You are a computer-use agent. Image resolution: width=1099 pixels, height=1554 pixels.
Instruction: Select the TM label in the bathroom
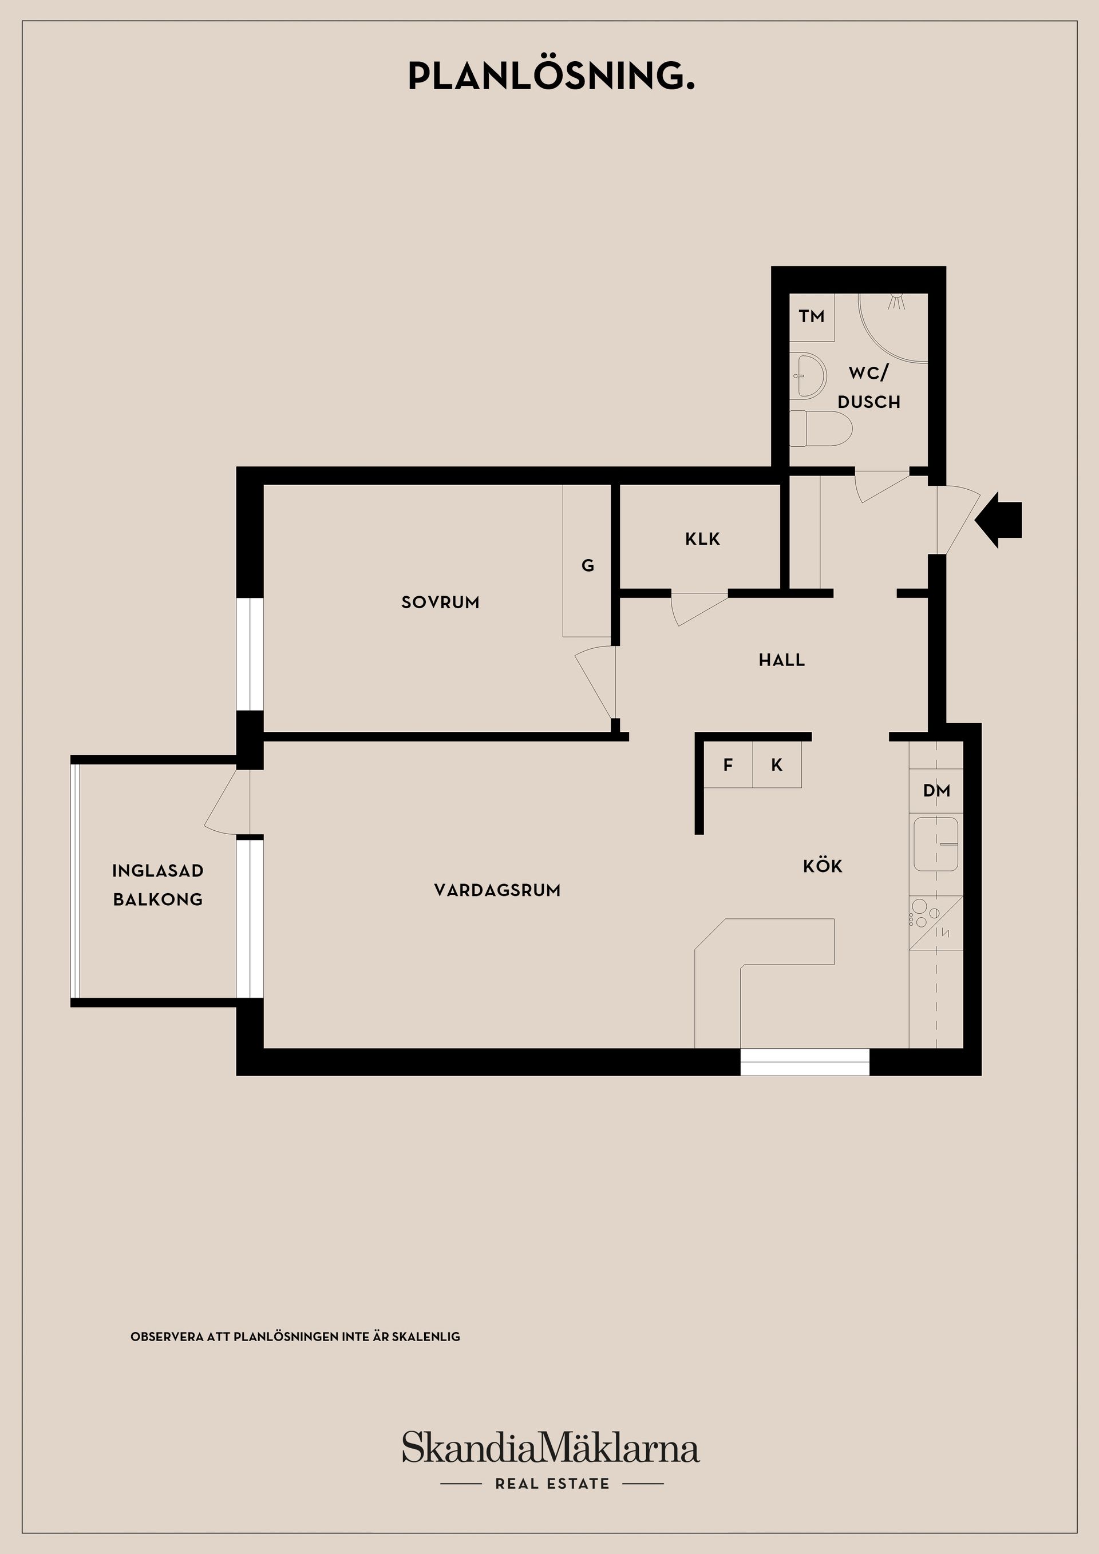pos(811,316)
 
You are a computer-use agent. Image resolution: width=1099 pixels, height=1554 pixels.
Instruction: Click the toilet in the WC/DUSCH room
pos(821,428)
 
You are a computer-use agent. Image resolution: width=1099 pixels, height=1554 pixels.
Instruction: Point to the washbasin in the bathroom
pos(808,376)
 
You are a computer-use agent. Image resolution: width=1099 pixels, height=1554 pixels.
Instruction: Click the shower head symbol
pos(898,302)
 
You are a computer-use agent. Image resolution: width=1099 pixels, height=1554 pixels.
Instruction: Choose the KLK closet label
pos(702,539)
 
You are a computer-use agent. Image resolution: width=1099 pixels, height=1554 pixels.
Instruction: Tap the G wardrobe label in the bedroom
pos(588,565)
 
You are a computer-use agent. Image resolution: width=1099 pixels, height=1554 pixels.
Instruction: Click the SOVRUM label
pos(440,602)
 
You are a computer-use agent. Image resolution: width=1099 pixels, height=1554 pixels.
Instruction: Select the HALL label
pos(781,659)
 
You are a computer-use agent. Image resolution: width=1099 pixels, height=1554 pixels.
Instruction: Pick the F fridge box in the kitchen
pos(729,765)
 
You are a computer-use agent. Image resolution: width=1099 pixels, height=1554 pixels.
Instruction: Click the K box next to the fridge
pos(777,765)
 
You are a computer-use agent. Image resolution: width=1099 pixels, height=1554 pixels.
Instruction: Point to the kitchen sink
pos(936,844)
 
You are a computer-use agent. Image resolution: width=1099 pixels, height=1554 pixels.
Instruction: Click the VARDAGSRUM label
pos(498,890)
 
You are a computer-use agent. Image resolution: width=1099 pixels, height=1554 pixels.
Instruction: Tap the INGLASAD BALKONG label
pos(158,885)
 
